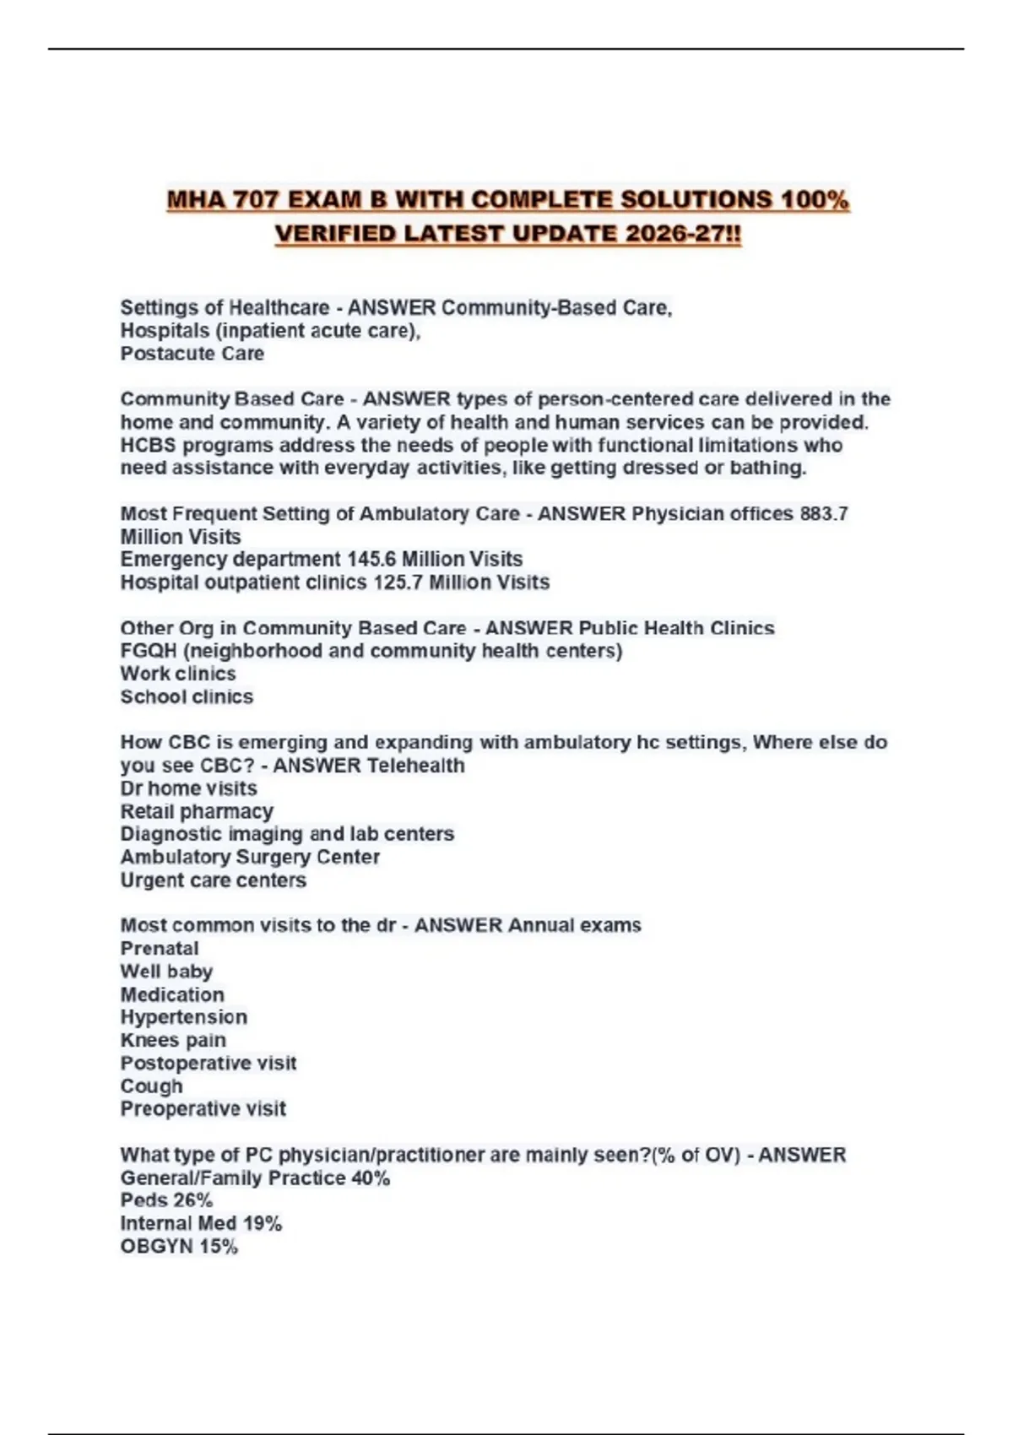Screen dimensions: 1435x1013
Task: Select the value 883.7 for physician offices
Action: point(823,513)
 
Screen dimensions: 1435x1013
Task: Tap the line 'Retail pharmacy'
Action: point(197,811)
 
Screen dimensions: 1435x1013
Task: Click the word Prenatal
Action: point(160,948)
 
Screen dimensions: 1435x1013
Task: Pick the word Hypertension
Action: point(184,1017)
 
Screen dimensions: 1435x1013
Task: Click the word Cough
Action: point(151,1086)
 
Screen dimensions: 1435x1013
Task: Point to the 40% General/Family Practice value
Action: point(371,1178)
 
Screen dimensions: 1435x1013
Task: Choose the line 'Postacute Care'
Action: point(192,354)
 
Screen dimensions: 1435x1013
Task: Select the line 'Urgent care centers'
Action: point(213,880)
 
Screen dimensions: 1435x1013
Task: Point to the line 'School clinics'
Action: point(187,696)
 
